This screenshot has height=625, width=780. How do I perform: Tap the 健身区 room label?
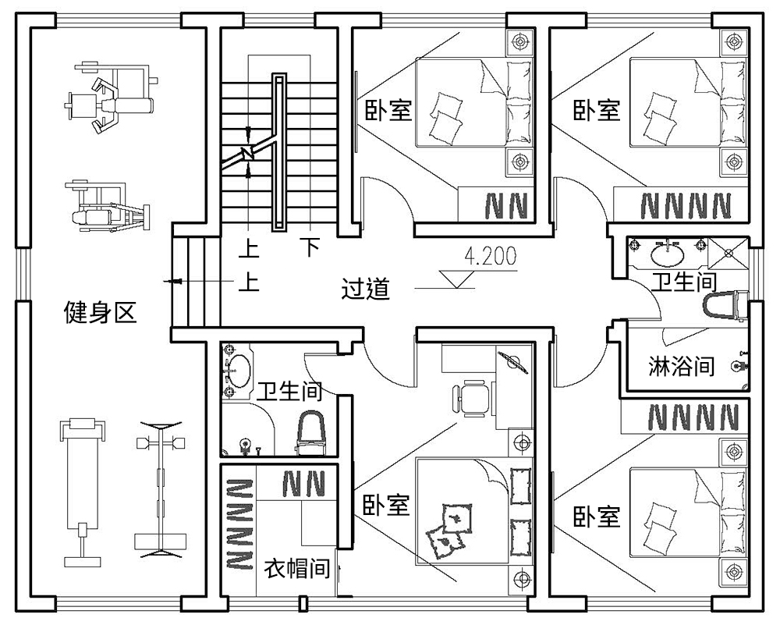(x=100, y=314)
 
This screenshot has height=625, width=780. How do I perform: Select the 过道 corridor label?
(x=366, y=289)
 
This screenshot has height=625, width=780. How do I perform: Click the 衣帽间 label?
(x=296, y=567)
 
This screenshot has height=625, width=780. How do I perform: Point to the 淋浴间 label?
(x=682, y=365)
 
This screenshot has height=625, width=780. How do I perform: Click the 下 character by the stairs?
(x=310, y=248)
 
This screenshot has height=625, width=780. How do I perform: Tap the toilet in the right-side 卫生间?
(x=721, y=306)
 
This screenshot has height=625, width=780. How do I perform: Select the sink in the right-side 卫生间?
(x=666, y=254)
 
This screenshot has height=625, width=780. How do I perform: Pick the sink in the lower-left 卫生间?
(x=240, y=372)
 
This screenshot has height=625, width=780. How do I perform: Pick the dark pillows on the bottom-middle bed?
(x=448, y=527)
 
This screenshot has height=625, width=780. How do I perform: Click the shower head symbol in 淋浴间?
(x=736, y=364)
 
